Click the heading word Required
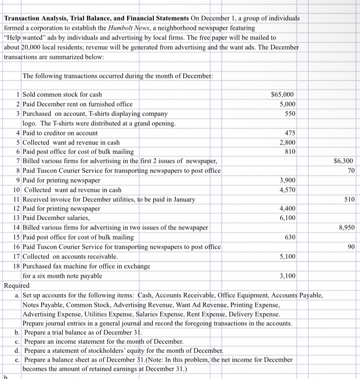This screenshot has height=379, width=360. tap(16, 285)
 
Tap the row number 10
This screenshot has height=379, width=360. tap(16, 190)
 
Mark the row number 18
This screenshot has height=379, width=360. tap(16, 266)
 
